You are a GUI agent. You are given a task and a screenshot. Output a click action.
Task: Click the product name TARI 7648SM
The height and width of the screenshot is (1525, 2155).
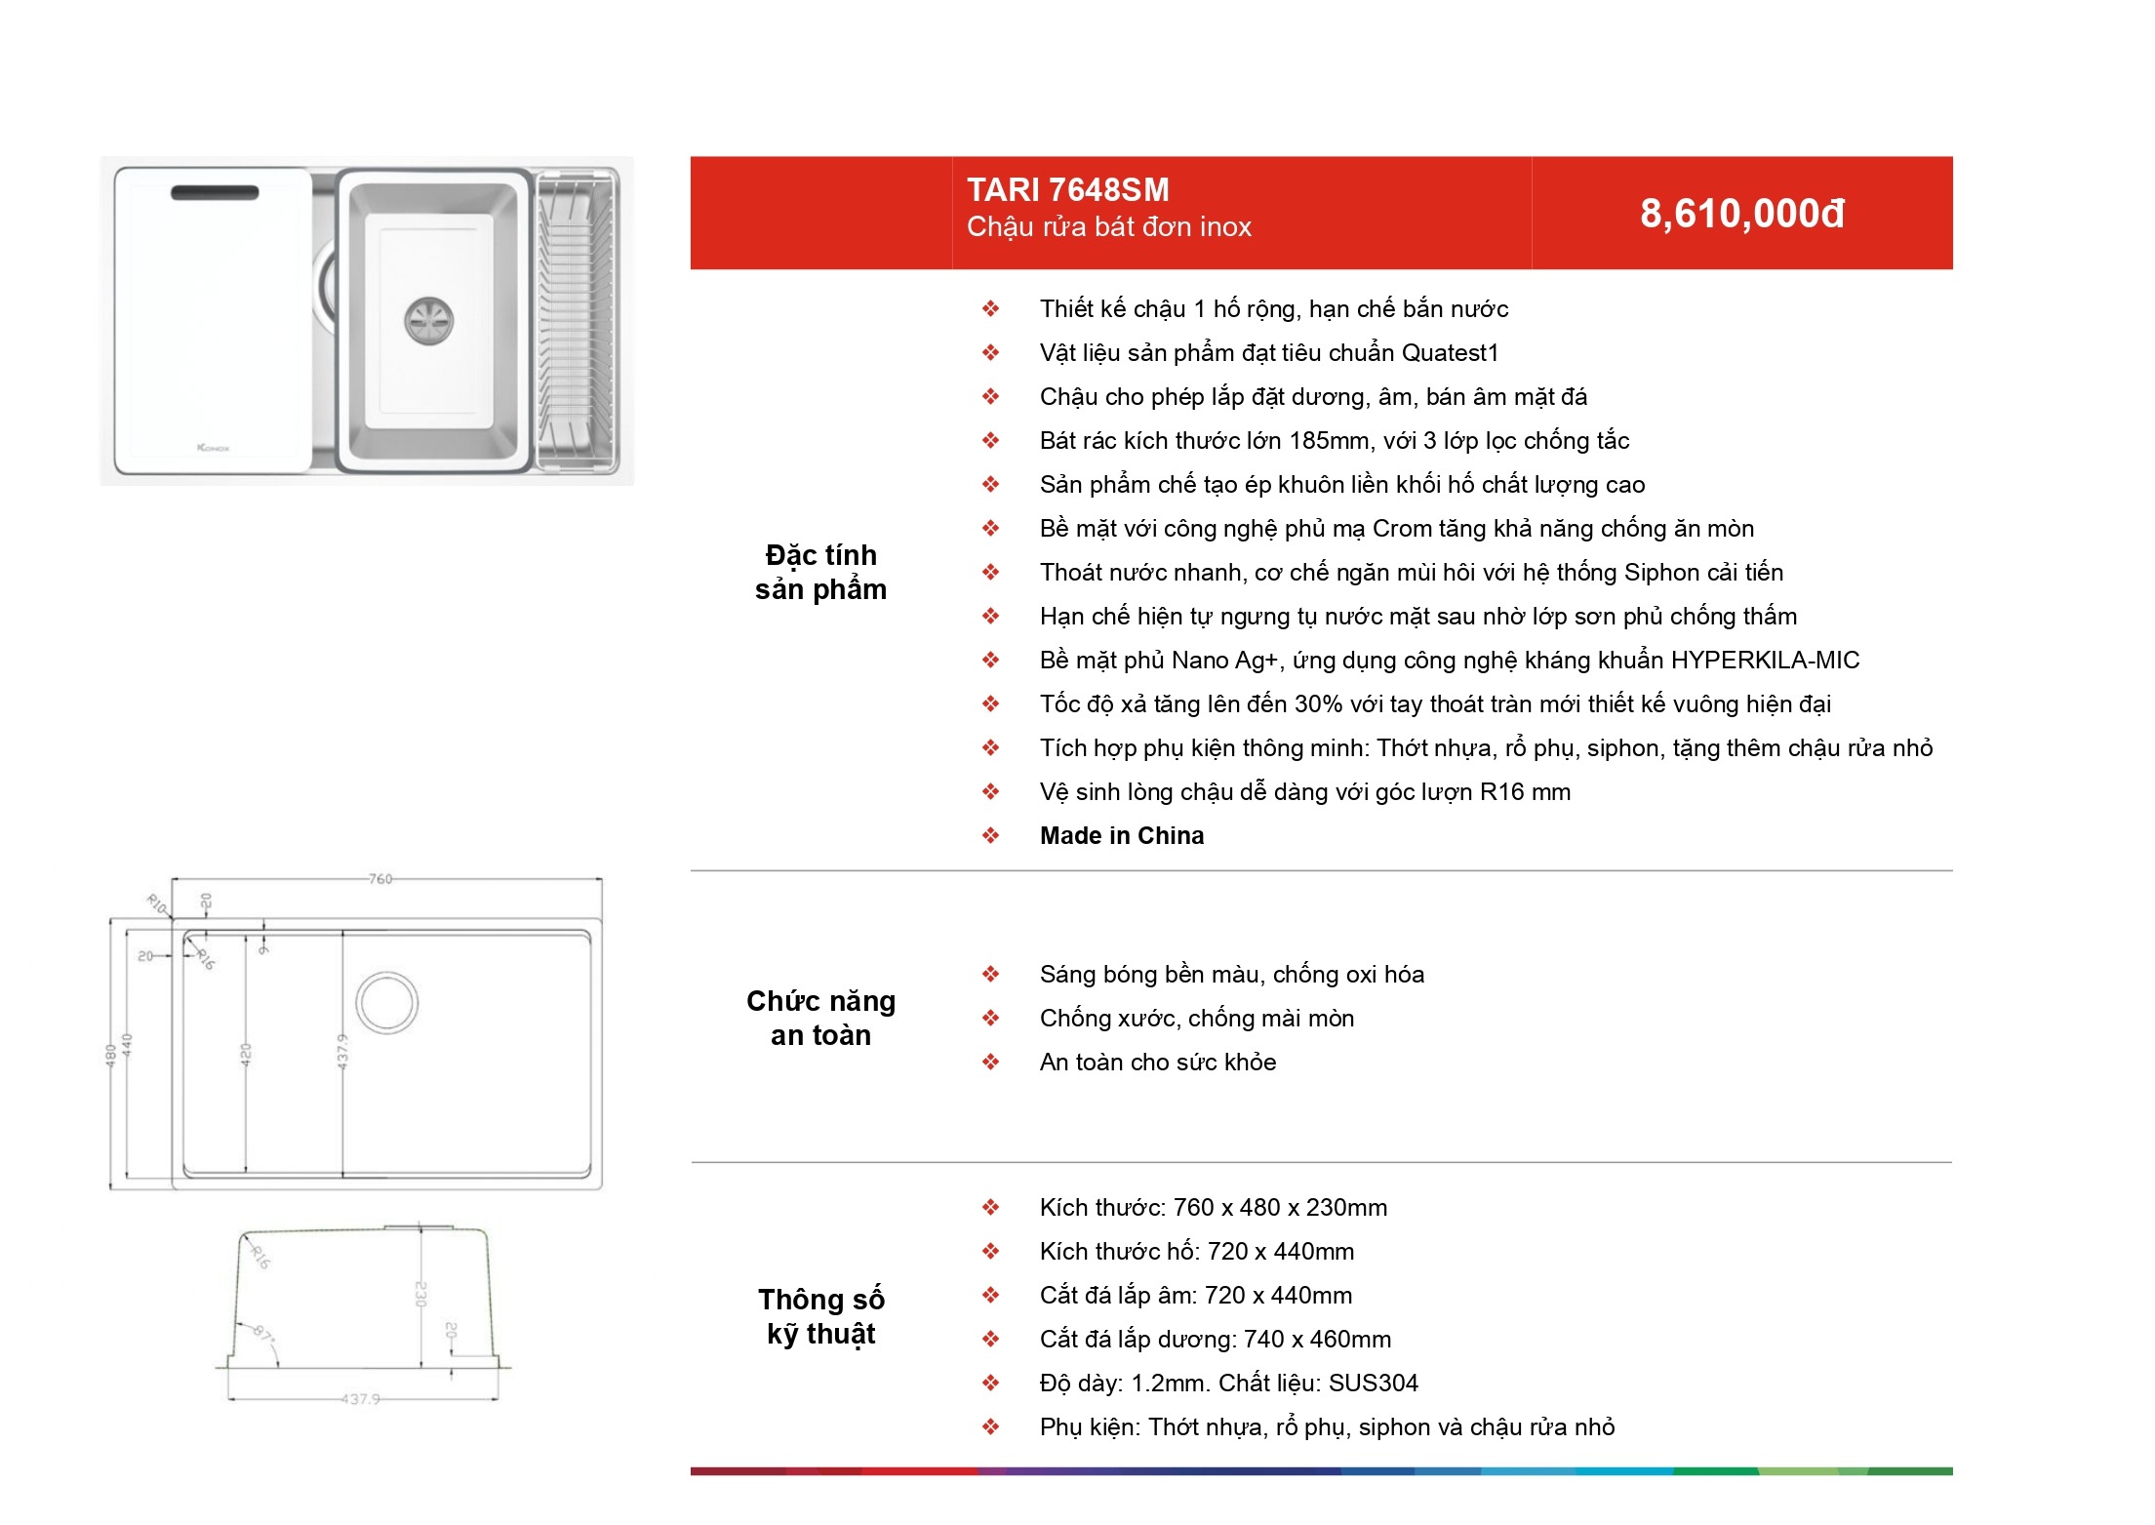tap(1067, 189)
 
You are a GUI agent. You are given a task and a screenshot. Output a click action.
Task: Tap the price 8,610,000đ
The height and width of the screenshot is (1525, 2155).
tap(1742, 214)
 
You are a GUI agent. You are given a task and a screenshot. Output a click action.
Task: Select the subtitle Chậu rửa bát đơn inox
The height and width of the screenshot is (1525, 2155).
tap(1109, 227)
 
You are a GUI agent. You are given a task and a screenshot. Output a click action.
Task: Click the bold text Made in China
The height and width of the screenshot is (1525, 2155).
tap(1122, 835)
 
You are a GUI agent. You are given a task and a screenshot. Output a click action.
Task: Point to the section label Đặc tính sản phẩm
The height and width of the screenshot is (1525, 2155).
tap(821, 572)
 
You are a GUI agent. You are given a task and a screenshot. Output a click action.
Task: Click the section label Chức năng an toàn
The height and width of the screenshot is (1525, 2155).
tap(821, 1018)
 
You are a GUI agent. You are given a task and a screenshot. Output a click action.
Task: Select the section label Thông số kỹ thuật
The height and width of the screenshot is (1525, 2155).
tap(821, 1316)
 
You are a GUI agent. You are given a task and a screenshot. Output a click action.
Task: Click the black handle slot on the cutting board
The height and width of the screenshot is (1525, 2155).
tap(215, 192)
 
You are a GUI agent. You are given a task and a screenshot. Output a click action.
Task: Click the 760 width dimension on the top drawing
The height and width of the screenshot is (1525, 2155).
tap(380, 879)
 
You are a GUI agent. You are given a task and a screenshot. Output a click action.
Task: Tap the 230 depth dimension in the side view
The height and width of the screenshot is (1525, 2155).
tap(420, 1294)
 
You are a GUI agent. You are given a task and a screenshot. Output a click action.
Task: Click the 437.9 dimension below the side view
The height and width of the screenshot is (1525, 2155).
tap(360, 1399)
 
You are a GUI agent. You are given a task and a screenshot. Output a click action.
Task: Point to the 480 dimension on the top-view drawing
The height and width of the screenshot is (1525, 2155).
tap(110, 1055)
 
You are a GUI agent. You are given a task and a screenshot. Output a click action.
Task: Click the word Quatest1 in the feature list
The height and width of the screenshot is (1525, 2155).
tap(1450, 353)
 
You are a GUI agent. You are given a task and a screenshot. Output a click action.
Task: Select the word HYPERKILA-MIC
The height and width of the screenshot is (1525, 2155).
tap(1766, 661)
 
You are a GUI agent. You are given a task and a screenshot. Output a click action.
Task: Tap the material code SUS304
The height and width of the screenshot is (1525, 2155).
tap(1374, 1384)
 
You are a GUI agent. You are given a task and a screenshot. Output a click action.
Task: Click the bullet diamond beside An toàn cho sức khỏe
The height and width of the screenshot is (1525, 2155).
tap(991, 1062)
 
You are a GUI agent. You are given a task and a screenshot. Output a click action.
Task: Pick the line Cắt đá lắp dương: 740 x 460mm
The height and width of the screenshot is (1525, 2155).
tap(1216, 1340)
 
